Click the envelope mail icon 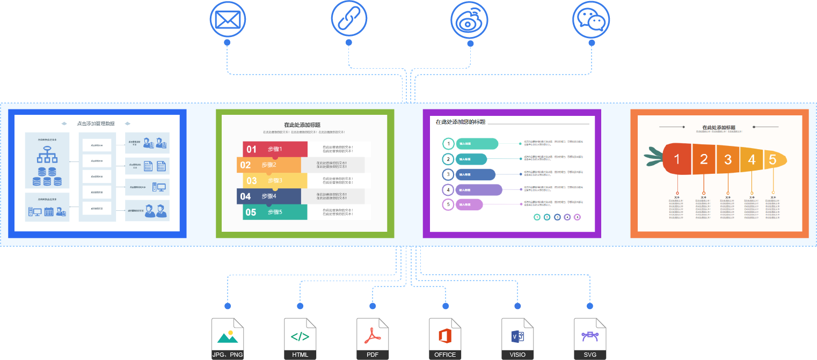227,20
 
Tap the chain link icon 349,20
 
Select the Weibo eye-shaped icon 470,20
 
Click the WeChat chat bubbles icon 591,20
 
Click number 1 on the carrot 677,159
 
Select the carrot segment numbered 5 773,159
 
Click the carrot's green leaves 653,156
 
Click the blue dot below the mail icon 227,42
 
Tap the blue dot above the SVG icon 590,306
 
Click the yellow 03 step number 252,181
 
